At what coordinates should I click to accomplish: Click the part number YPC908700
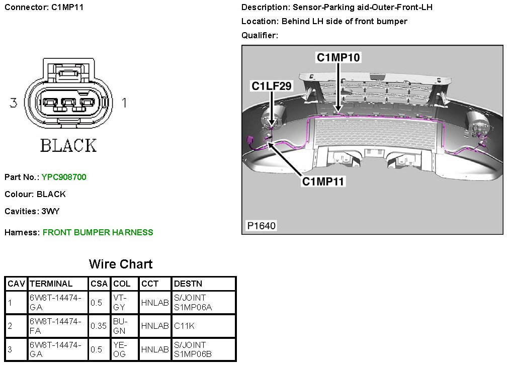tap(64, 177)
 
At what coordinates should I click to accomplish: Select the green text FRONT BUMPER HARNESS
tap(98, 232)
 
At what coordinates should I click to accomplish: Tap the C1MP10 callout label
tap(338, 58)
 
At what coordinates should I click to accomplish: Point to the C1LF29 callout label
tap(272, 86)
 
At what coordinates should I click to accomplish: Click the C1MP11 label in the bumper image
tap(323, 181)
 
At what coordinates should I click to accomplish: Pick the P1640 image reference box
tap(261, 226)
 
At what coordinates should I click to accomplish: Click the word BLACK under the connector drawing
tap(68, 146)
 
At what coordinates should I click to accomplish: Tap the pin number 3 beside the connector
tap(14, 103)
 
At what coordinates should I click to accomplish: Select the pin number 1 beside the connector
tap(124, 103)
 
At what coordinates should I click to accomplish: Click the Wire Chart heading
tap(121, 264)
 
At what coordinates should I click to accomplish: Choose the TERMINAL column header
tap(51, 284)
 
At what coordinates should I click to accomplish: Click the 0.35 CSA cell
tap(99, 326)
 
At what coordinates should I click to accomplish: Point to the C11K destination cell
tap(184, 326)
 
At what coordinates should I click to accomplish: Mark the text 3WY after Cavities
tap(50, 212)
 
